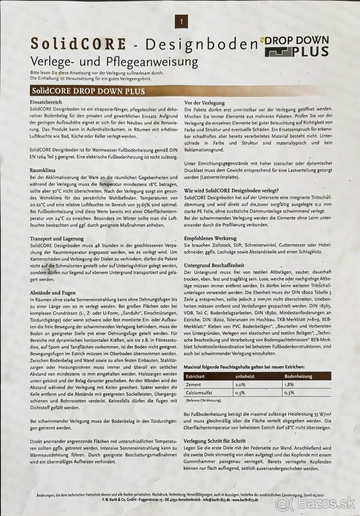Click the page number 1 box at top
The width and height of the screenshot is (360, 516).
(x=181, y=21)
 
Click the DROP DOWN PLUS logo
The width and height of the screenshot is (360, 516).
(x=296, y=46)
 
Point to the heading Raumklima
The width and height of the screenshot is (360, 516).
(x=42, y=170)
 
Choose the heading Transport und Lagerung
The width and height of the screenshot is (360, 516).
(x=57, y=238)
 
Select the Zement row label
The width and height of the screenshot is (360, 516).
(x=194, y=384)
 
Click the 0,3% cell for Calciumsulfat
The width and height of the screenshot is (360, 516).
(x=289, y=393)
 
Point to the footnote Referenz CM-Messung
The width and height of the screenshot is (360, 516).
(x=204, y=401)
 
